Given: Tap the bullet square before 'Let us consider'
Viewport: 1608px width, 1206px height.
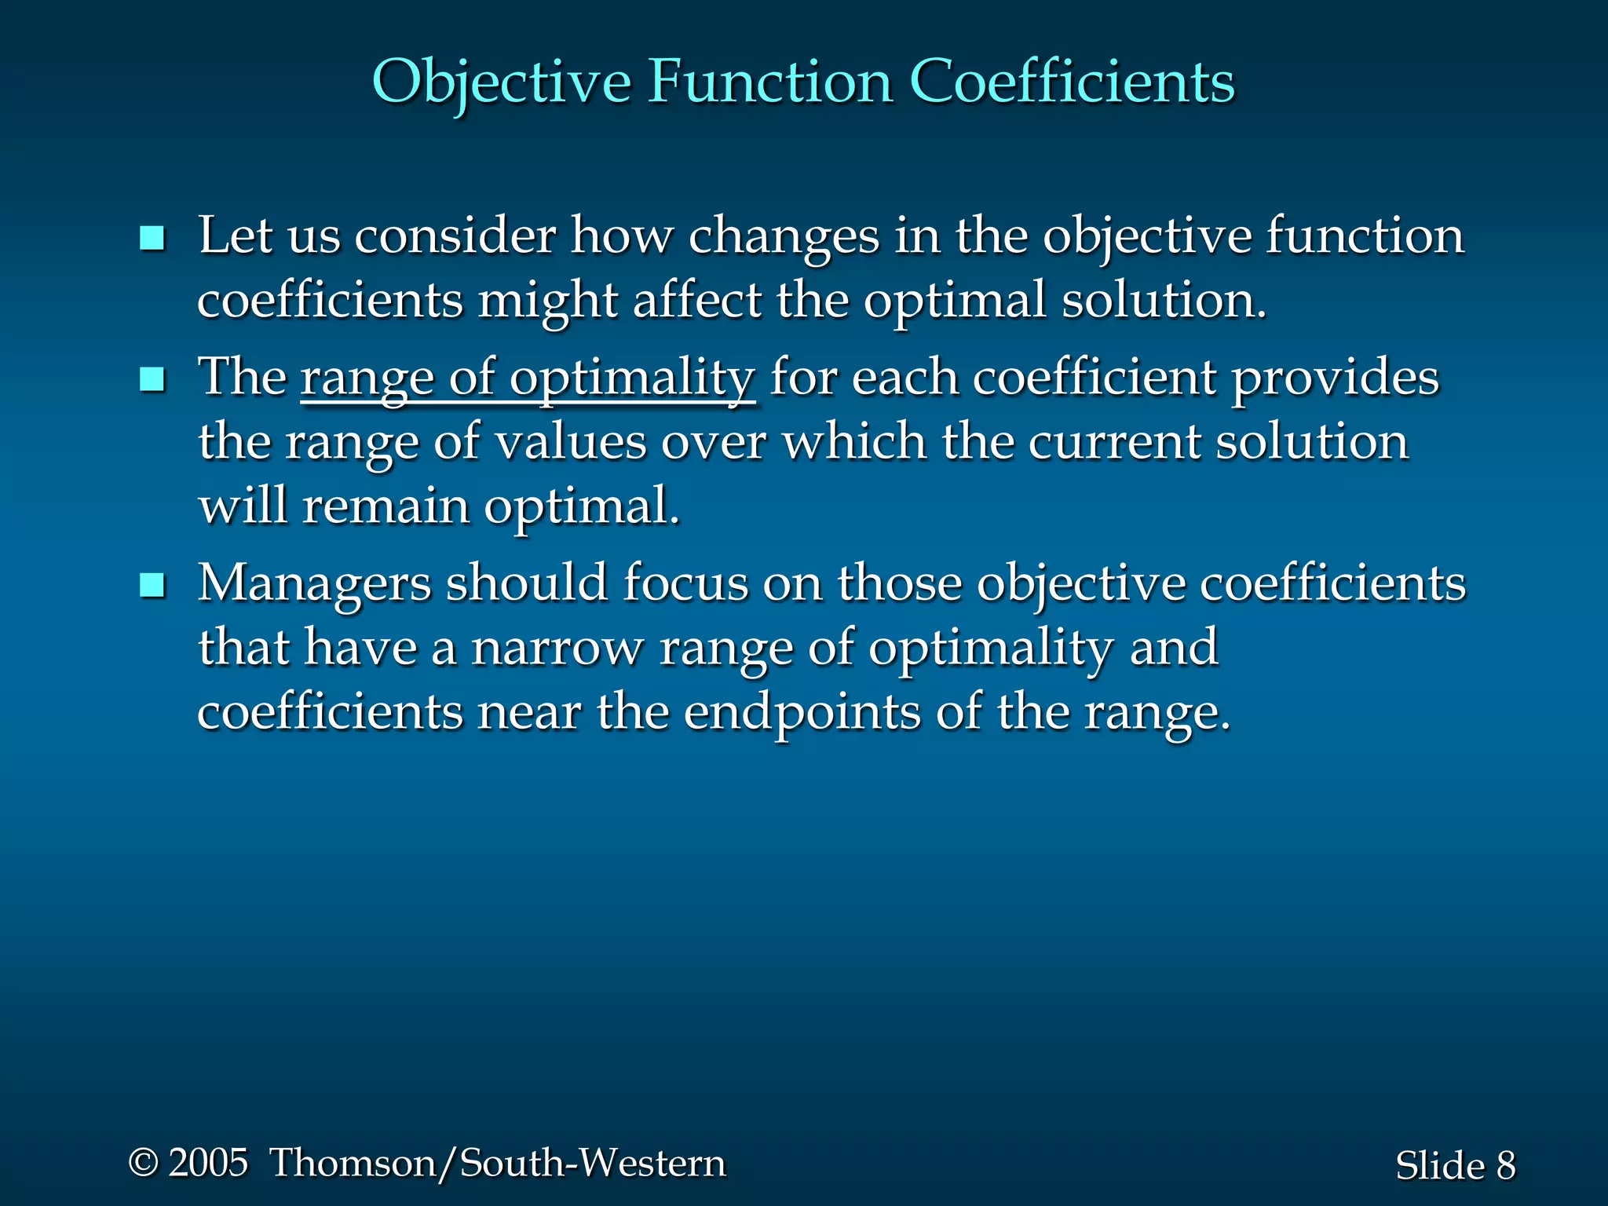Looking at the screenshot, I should pos(152,238).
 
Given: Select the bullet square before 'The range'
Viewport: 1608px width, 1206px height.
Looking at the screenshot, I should pos(152,380).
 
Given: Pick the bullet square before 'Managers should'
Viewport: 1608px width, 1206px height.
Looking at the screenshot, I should pos(152,586).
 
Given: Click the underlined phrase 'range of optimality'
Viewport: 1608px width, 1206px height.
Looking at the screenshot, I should pos(528,378).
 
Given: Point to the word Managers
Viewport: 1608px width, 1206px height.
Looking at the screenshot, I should pos(314,584).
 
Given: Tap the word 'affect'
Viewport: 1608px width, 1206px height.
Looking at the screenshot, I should pos(697,301).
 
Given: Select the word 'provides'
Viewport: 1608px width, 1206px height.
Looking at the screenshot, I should pos(1335,378).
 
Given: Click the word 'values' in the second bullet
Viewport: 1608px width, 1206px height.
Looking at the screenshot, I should pos(571,443).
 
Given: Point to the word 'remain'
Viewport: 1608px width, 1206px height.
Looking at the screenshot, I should pos(386,506).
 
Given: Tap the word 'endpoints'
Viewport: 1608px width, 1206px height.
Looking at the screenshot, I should pos(802,713).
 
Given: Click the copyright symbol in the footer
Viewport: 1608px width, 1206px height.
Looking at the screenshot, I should pos(143,1163).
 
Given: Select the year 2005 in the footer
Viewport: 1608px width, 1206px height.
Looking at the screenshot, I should pos(208,1163).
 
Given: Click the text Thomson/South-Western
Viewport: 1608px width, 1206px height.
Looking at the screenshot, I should pos(498,1163).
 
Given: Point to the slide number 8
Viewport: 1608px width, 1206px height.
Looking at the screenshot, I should pos(1505,1165).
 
